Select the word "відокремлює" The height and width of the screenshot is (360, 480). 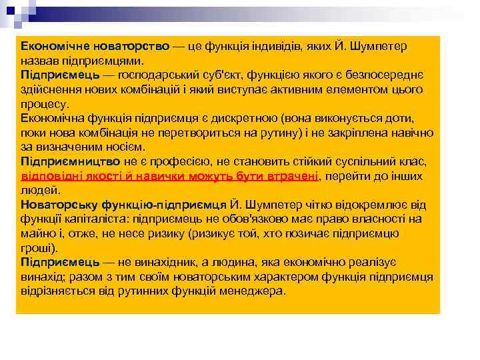pos(375,205)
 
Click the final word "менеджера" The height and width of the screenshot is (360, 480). pos(253,291)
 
